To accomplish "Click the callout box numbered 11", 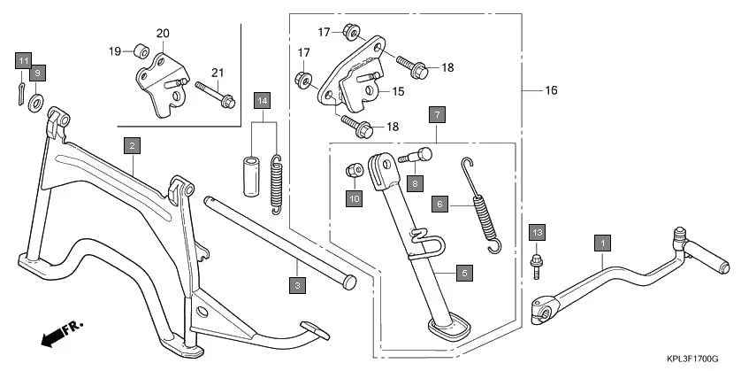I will click(x=23, y=60).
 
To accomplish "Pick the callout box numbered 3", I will click(x=298, y=284).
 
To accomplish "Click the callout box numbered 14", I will click(x=262, y=100).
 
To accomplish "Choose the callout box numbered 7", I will click(x=436, y=114).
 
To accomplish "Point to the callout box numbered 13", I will click(x=536, y=232).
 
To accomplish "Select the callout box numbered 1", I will click(x=602, y=241).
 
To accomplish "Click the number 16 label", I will click(x=551, y=90).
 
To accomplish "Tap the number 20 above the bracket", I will click(x=162, y=34).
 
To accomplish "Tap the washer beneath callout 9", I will click(x=35, y=102).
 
